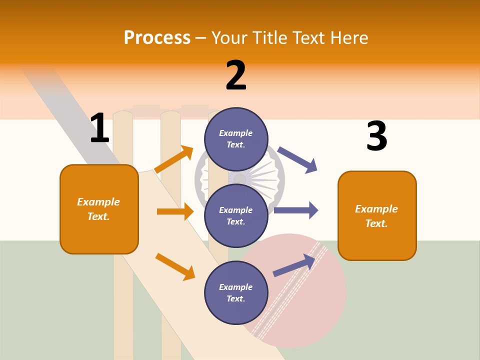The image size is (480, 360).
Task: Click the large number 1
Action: (99, 128)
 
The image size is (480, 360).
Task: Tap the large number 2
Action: (236, 75)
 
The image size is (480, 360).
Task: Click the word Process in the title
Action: (157, 37)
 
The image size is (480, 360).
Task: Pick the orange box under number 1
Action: (99, 209)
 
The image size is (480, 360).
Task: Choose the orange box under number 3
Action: (377, 215)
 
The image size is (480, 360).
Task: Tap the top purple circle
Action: (236, 139)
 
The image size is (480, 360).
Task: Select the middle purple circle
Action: (236, 215)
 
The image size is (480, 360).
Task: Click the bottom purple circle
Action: (236, 292)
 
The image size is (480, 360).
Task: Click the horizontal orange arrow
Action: (175, 211)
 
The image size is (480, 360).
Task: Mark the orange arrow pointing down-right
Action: (175, 266)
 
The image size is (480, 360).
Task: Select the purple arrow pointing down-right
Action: (297, 159)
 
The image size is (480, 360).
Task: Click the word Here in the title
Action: (349, 37)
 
